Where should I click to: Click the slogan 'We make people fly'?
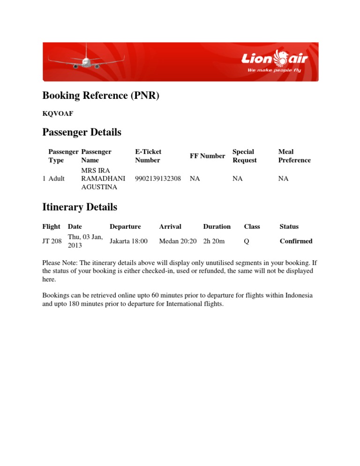274,70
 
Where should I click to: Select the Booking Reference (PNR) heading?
101,96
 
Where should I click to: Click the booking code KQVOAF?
58,113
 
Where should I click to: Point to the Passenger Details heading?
82,133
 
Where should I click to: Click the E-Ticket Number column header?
148,156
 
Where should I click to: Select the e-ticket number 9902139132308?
158,179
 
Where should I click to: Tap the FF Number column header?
207,156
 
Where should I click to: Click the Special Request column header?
245,156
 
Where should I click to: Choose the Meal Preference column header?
294,156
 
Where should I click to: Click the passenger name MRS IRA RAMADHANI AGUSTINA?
103,179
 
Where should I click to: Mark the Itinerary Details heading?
80,207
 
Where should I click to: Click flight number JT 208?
52,241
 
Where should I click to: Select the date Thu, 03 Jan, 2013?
85,241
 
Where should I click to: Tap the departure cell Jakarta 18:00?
128,241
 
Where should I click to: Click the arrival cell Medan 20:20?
178,241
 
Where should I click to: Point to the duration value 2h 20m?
214,241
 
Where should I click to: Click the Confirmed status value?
296,241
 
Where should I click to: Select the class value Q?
247,241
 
